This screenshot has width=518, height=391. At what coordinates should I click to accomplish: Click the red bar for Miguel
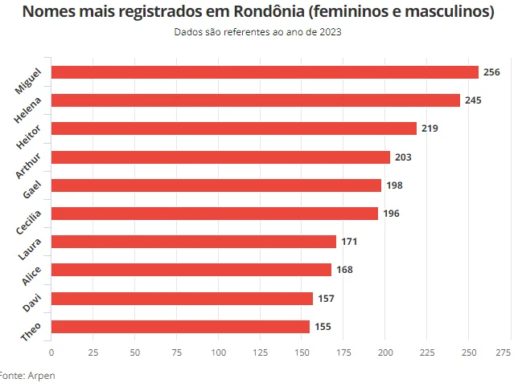265,72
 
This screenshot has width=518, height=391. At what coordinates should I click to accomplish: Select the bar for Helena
256,100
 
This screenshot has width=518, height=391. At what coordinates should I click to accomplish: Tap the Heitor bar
234,128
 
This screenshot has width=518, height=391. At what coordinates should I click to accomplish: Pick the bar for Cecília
215,214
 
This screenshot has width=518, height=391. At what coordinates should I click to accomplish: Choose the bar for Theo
180,327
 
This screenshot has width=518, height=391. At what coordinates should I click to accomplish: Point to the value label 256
491,72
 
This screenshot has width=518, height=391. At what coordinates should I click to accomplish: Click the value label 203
403,157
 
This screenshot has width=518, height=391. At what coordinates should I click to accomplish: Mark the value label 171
349,242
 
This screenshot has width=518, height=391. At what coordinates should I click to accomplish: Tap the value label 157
326,299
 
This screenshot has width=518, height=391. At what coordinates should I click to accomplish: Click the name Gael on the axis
33,189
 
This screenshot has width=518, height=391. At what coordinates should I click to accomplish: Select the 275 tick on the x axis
504,352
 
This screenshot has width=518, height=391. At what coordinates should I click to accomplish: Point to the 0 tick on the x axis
51,352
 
